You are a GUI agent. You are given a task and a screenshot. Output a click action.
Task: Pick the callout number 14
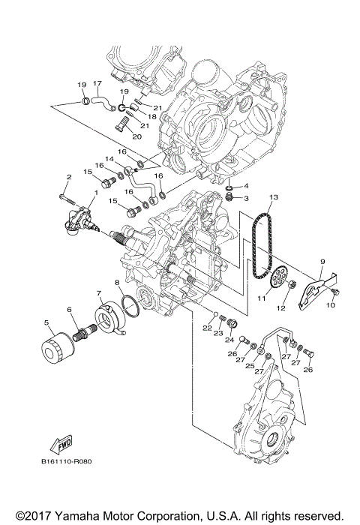coord(109,160)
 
